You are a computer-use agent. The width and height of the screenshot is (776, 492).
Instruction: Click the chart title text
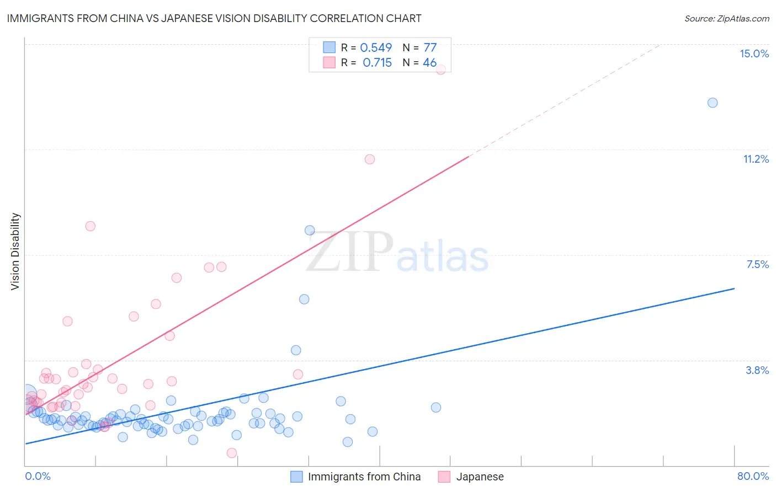(214, 18)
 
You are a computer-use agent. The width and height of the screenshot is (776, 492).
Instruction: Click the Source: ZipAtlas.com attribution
(726, 19)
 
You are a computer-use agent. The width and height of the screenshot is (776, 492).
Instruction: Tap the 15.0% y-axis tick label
(754, 54)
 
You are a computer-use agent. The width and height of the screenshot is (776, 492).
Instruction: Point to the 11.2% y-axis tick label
(756, 159)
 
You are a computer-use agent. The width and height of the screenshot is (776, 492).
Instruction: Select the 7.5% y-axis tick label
(757, 264)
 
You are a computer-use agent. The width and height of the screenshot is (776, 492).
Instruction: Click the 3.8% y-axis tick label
(757, 370)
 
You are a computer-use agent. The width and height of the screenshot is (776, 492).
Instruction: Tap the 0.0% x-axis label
(38, 476)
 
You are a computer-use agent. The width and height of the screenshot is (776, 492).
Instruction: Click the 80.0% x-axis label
(753, 476)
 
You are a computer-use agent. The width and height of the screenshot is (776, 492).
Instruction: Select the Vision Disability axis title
(15, 252)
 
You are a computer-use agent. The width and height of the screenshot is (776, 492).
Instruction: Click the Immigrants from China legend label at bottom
(364, 477)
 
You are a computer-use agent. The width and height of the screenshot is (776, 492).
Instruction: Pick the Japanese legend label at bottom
(480, 477)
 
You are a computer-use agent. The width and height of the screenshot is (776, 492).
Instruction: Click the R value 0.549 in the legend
(376, 48)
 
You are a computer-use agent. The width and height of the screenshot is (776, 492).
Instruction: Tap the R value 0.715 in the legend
(377, 63)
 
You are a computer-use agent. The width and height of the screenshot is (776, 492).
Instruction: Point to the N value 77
(430, 48)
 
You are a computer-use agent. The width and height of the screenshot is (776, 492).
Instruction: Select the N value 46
(429, 63)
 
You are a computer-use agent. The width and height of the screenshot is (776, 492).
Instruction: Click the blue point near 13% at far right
(713, 103)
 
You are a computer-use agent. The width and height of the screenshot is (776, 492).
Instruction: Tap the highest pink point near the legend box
(440, 69)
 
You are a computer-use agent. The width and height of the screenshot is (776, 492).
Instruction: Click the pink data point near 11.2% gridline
(370, 159)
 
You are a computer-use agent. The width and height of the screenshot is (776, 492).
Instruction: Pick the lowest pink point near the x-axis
(232, 453)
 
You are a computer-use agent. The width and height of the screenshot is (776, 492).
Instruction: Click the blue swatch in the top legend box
(329, 47)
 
